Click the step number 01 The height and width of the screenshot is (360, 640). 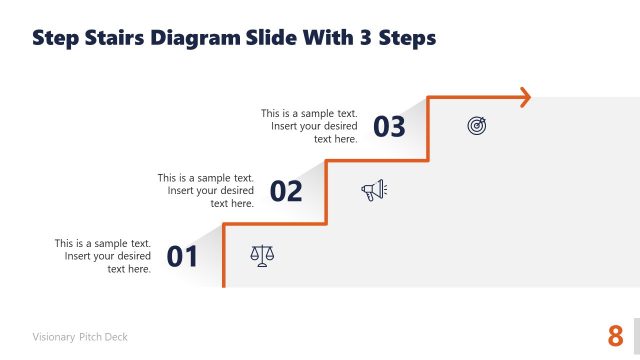tap(183, 257)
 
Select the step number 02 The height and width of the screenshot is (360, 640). tap(286, 191)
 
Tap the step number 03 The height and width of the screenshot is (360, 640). tap(389, 126)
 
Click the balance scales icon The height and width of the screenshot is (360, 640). tap(262, 256)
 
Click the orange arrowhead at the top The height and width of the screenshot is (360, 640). tap(522, 97)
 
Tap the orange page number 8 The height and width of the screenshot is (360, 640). tap(615, 335)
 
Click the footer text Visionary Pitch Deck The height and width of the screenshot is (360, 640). tap(80, 337)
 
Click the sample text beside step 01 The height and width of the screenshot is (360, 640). tap(103, 256)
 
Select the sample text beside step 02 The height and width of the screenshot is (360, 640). tap(206, 190)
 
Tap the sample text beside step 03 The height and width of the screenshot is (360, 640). tap(310, 126)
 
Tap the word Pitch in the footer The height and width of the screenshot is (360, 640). tap(89, 337)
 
